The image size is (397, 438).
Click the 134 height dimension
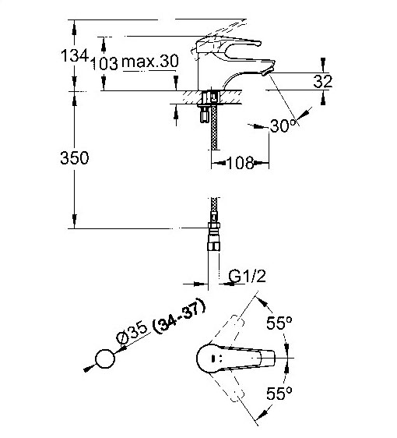tap(75, 55)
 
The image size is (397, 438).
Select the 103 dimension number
tap(104, 63)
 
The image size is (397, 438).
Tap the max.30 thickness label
tap(150, 61)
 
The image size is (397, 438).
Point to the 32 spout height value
tap(323, 82)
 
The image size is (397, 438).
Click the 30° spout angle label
tap(283, 125)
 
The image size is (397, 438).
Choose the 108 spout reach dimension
tap(241, 163)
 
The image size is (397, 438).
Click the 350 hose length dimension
tap(75, 157)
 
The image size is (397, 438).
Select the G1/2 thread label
tap(248, 277)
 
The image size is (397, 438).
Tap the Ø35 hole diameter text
tap(132, 333)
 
